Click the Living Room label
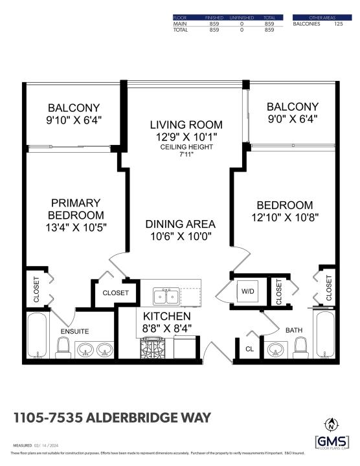tap(186, 124)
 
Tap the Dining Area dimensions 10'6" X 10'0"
tap(180, 237)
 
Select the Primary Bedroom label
tap(75, 208)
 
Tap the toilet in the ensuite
tap(63, 350)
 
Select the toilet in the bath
tap(300, 350)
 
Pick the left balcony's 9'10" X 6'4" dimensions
tap(75, 120)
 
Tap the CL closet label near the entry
tap(250, 348)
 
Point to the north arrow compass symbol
tap(332, 425)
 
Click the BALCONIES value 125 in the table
tap(338, 24)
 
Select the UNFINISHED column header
tap(241, 17)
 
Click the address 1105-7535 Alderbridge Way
tap(112, 417)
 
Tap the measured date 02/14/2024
tap(50, 446)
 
